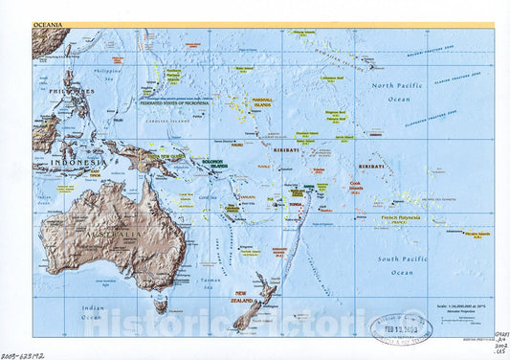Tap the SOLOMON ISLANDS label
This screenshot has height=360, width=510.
(212, 165)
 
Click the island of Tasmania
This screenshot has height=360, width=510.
(162, 306)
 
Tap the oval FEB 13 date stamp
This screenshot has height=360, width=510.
(401, 328)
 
